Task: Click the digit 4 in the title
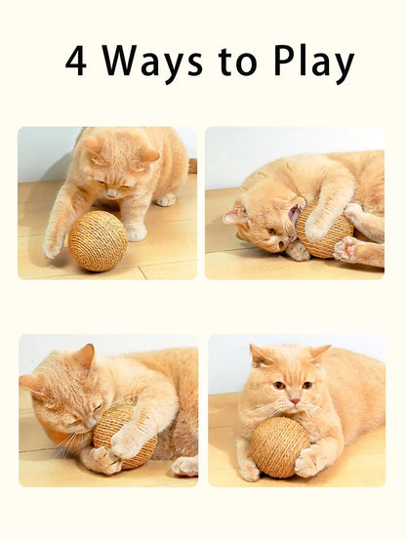[76, 62]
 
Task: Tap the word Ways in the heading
[153, 62]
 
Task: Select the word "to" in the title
[239, 62]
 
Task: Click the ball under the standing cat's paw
[98, 240]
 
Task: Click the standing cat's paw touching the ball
[56, 239]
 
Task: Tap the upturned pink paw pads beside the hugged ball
[345, 248]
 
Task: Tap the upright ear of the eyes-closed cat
[86, 357]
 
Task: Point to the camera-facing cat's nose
[292, 400]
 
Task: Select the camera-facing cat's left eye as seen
[277, 385]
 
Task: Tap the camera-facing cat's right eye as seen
[307, 385]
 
